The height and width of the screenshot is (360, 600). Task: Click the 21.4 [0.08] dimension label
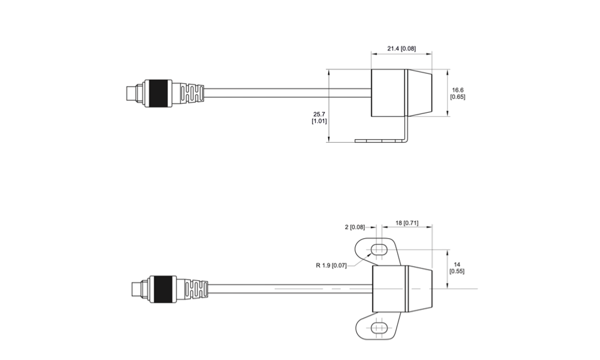click(x=401, y=47)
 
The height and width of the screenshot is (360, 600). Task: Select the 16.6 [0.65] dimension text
click(x=458, y=93)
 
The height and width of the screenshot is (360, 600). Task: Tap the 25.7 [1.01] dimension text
click(x=319, y=117)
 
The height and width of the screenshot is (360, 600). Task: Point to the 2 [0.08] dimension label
click(x=355, y=227)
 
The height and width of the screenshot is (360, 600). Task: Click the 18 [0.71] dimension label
click(x=407, y=223)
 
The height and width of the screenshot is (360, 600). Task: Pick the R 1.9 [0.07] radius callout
click(x=331, y=265)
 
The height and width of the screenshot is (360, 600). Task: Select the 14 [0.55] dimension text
click(x=457, y=267)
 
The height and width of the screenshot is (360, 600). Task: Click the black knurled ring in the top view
click(x=159, y=93)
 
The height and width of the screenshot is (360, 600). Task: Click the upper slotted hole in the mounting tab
click(x=379, y=250)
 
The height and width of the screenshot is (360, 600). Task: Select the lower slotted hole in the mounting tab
click(x=379, y=328)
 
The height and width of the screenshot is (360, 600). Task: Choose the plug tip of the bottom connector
click(x=133, y=289)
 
